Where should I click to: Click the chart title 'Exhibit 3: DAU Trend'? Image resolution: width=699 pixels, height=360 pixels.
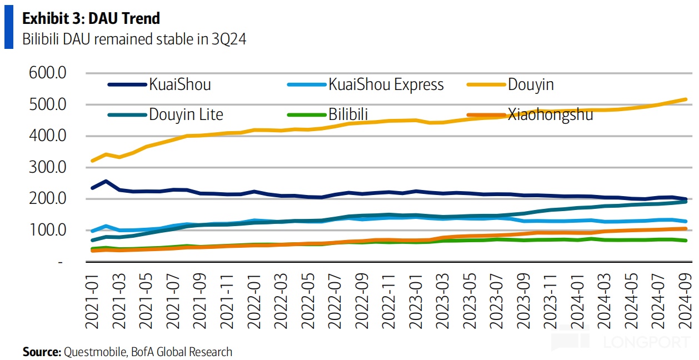click(x=91, y=18)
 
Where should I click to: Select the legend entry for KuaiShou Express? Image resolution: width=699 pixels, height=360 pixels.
click(x=386, y=84)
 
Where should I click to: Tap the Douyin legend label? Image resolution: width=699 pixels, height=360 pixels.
click(x=531, y=84)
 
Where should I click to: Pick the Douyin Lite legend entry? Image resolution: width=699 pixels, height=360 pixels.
click(x=186, y=114)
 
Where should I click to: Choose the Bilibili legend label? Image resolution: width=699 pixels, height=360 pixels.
click(x=348, y=114)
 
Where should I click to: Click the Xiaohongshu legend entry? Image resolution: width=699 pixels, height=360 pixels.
click(x=550, y=114)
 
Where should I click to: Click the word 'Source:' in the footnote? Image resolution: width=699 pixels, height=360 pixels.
click(x=42, y=352)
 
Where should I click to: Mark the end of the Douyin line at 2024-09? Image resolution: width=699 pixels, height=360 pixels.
click(x=686, y=99)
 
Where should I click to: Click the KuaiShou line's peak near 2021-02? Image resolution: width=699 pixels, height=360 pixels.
click(x=106, y=181)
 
